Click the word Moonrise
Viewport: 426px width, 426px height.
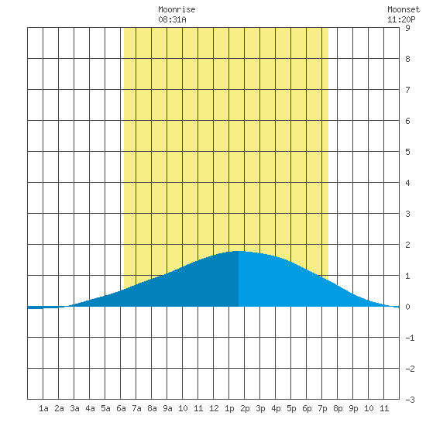pos(177,10)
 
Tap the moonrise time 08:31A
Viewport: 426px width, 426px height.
pos(172,19)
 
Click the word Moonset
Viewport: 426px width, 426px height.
pos(404,10)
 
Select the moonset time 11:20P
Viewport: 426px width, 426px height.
pos(401,19)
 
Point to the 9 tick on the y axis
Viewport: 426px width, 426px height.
pos(407,28)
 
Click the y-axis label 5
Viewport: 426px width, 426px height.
pos(407,152)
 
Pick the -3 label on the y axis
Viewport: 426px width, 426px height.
pos(410,400)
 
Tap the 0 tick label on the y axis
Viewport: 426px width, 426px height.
pos(407,307)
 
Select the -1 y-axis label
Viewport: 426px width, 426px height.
pos(410,338)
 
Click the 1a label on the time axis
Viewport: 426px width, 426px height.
pos(43,408)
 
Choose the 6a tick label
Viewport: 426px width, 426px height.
pos(121,408)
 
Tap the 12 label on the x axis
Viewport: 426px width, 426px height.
pos(214,408)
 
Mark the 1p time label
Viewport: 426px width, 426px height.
pos(229,408)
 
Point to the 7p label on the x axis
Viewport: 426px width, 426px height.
pos(322,408)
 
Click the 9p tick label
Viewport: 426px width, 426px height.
pos(353,408)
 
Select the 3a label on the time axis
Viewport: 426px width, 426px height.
pos(74,408)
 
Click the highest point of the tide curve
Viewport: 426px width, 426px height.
pos(239,251)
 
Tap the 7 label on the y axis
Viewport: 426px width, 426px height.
pos(407,90)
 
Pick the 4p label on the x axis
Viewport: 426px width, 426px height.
pos(276,408)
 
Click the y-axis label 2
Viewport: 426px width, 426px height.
pos(407,245)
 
